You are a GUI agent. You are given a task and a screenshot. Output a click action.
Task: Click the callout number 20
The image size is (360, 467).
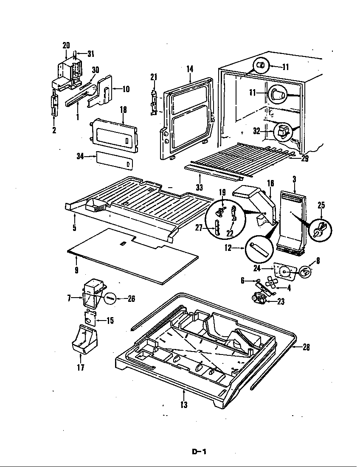[66, 45]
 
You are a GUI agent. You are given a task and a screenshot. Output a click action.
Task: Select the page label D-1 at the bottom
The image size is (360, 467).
[198, 452]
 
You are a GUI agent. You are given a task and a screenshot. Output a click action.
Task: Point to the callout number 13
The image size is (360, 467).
[183, 405]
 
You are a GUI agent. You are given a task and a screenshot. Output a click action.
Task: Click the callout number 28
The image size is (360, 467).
[306, 347]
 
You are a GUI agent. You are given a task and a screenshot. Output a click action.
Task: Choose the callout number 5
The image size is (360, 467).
[74, 228]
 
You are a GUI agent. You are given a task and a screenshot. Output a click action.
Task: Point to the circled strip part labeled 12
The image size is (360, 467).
[257, 248]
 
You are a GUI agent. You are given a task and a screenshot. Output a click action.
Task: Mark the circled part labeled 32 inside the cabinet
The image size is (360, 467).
[281, 132]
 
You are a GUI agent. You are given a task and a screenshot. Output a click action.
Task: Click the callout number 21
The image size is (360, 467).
[153, 76]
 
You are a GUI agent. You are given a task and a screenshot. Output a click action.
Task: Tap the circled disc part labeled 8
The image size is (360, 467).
[305, 272]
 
